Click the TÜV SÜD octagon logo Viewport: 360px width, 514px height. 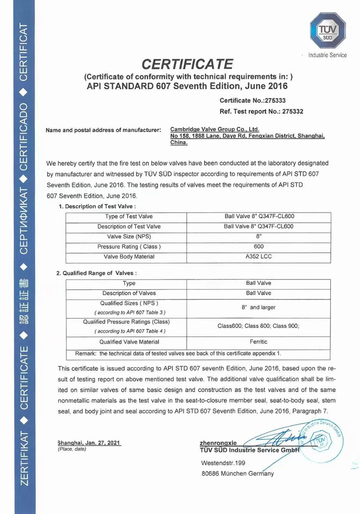click(x=327, y=31)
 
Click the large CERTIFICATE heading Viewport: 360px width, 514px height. click(x=187, y=64)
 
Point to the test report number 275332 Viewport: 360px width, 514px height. click(x=293, y=111)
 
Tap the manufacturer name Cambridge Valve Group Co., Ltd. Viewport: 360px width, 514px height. click(x=214, y=130)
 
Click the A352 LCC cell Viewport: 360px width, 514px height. click(x=258, y=257)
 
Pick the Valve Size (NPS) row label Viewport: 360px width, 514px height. click(x=129, y=236)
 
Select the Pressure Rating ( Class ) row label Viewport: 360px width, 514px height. click(x=129, y=247)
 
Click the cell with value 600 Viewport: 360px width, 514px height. click(x=258, y=247)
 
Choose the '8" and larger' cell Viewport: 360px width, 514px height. click(x=258, y=307)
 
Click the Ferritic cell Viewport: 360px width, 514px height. click(x=258, y=342)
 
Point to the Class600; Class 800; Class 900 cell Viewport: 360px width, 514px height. click(x=258, y=326)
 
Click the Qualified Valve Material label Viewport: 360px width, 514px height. click(x=129, y=342)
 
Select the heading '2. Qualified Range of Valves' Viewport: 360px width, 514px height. click(x=96, y=273)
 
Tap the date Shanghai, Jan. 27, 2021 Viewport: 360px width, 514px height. click(x=89, y=443)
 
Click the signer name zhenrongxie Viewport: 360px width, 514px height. click(x=218, y=443)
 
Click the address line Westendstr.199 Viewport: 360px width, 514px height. click(x=223, y=463)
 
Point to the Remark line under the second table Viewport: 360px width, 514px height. click(x=178, y=353)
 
